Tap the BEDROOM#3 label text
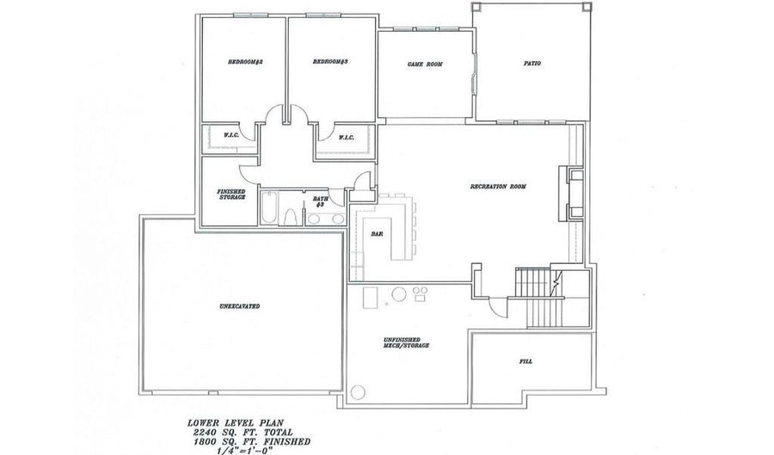[329, 62]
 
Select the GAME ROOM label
[424, 64]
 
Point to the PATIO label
[532, 63]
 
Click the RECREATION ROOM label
[498, 187]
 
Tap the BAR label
[377, 233]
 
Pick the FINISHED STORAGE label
[232, 194]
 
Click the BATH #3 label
[321, 201]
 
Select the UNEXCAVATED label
[240, 306]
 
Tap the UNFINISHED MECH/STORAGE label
[406, 343]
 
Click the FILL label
[525, 361]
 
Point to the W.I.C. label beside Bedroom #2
[230, 135]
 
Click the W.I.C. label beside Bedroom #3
[346, 137]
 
